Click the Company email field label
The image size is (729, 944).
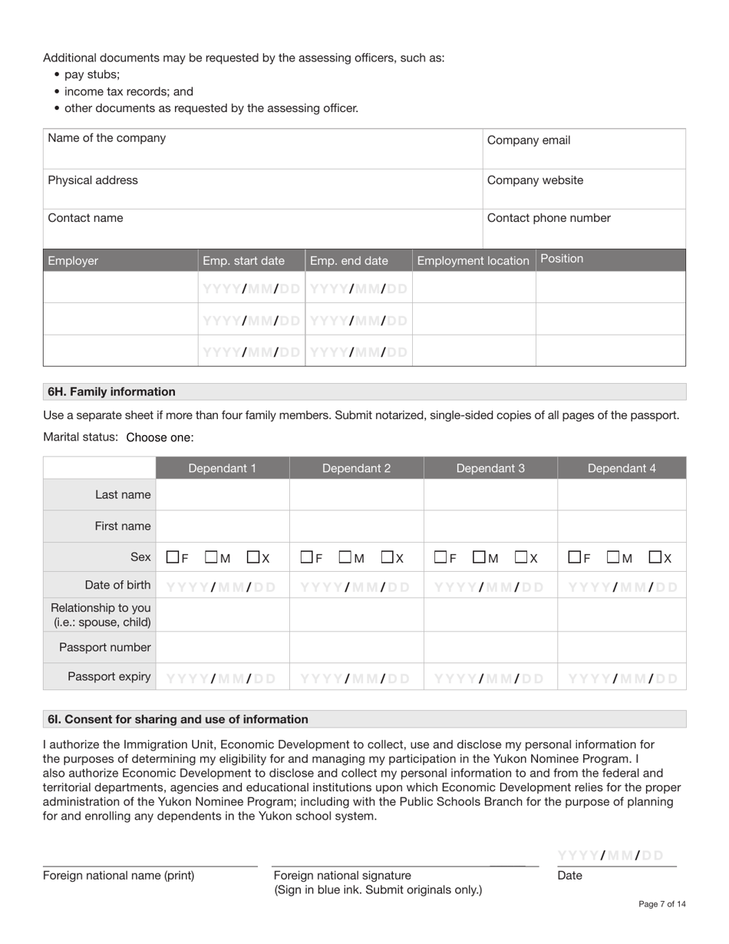[x=529, y=140]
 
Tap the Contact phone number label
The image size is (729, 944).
[x=549, y=218]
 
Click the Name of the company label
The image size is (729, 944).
[x=107, y=138]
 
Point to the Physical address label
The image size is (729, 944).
[x=93, y=180]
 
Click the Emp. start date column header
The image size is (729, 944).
[x=243, y=261]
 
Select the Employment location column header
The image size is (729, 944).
[x=473, y=261]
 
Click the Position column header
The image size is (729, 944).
[x=562, y=259]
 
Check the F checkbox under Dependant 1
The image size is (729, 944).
[x=173, y=557]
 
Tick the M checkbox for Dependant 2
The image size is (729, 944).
[x=345, y=557]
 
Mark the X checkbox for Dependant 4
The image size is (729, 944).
[x=655, y=557]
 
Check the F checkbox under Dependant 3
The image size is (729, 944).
[x=440, y=557]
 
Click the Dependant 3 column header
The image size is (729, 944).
[x=490, y=468]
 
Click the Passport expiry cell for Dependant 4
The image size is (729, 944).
[x=622, y=678]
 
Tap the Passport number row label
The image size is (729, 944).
[x=105, y=648]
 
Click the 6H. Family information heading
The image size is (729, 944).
[x=111, y=391]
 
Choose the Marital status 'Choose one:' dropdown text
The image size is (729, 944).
[x=160, y=437]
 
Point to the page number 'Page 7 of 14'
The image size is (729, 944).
[x=661, y=904]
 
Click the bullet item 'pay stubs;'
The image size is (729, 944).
[x=92, y=74]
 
